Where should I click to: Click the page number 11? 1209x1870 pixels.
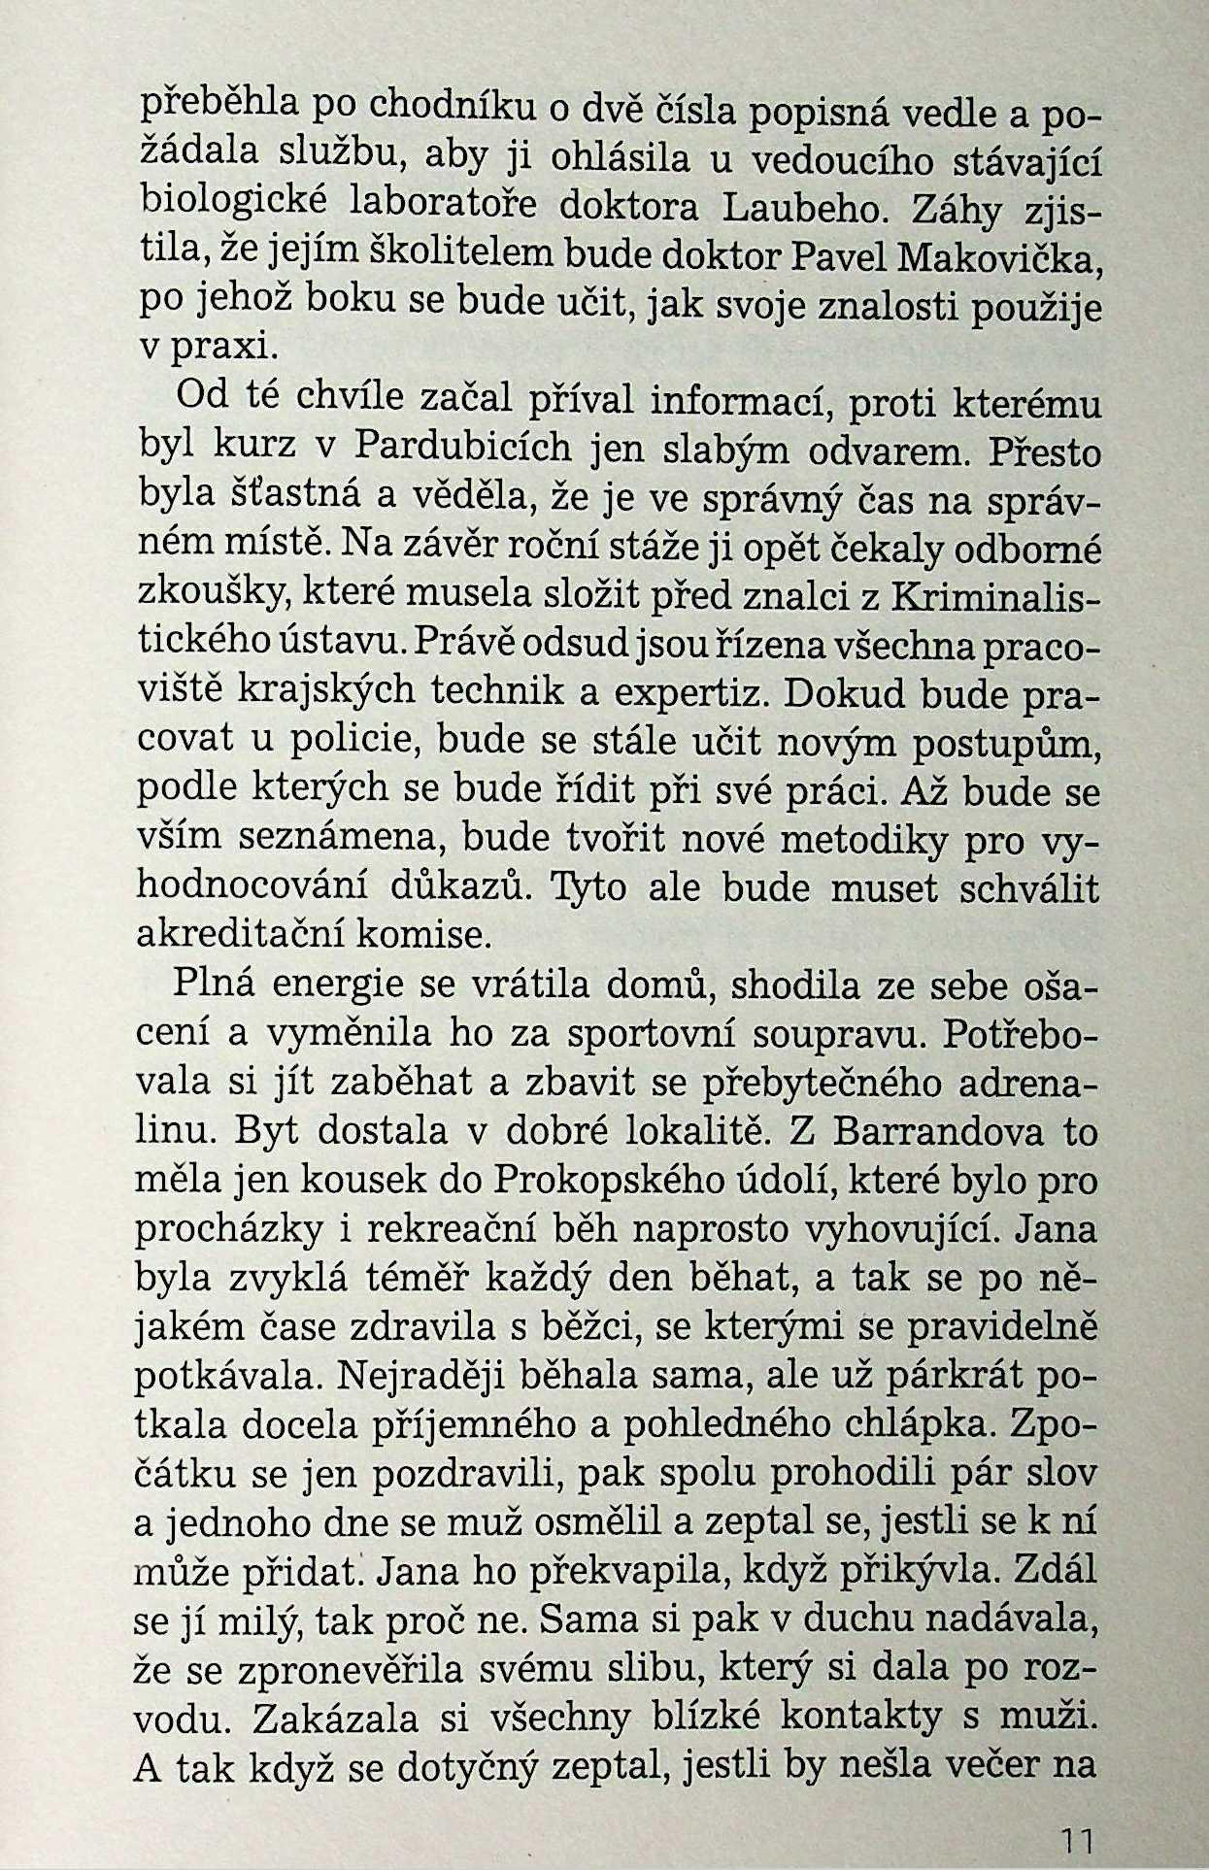(1077, 1839)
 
